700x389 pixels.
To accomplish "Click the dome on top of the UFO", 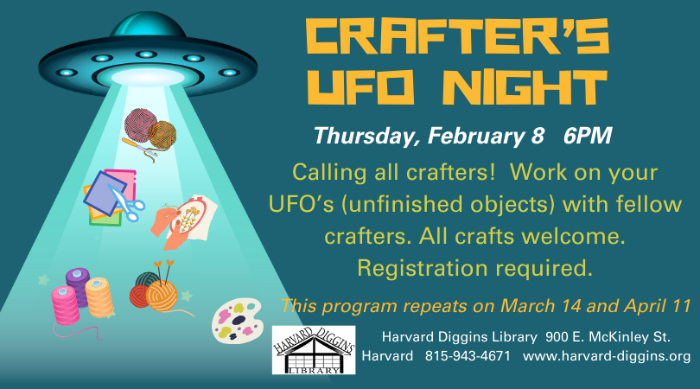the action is (x=148, y=26).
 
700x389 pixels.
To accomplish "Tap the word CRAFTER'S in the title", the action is (x=457, y=38).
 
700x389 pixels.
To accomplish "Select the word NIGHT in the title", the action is (x=528, y=87).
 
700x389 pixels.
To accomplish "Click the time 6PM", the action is (x=587, y=136).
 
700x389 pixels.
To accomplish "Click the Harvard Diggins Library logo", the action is (x=314, y=350).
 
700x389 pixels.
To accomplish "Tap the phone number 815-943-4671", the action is (x=468, y=356).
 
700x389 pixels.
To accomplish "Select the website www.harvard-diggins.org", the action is (x=607, y=356).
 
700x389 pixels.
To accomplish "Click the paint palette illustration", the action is (x=237, y=320).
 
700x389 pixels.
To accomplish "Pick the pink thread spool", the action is (x=65, y=305).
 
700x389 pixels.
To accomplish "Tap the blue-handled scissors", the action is (x=127, y=204).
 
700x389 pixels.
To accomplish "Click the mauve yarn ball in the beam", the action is (x=139, y=124).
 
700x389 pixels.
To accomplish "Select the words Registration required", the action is (x=475, y=269).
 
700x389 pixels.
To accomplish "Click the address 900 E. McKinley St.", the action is (x=608, y=337).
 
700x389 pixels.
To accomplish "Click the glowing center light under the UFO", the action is (x=148, y=78).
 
